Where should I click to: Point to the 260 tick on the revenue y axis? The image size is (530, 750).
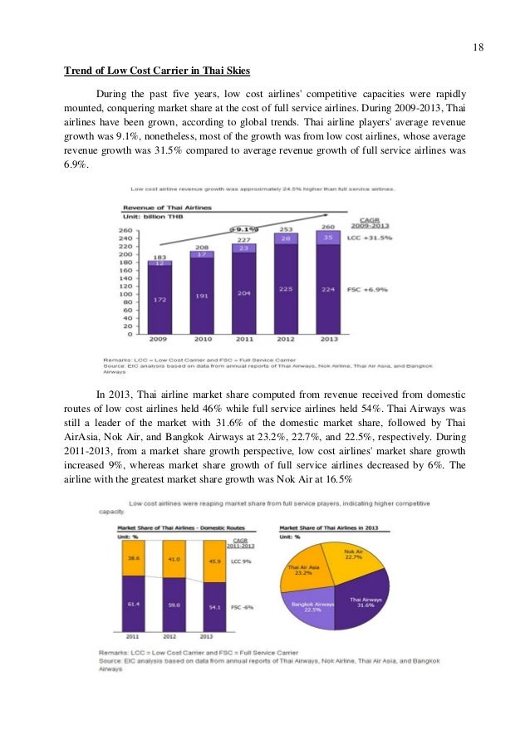tap(125, 230)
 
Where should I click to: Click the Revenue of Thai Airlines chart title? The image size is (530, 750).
tap(166, 207)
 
